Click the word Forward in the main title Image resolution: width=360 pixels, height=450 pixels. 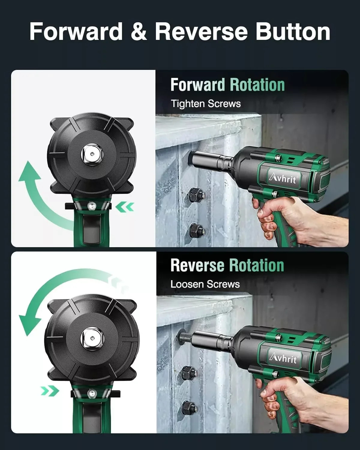(x=76, y=31)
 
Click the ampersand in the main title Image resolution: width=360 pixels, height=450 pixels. (x=139, y=32)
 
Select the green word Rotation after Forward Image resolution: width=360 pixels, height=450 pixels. (x=257, y=85)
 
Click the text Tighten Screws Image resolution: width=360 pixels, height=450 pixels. (x=206, y=104)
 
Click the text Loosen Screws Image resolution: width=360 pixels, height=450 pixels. (x=205, y=284)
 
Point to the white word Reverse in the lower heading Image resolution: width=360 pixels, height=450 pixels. (x=197, y=265)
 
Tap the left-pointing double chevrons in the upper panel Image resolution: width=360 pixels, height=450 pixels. (x=125, y=207)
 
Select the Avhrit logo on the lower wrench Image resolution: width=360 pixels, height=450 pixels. (x=283, y=358)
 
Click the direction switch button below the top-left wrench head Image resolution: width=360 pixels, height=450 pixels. (x=91, y=206)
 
